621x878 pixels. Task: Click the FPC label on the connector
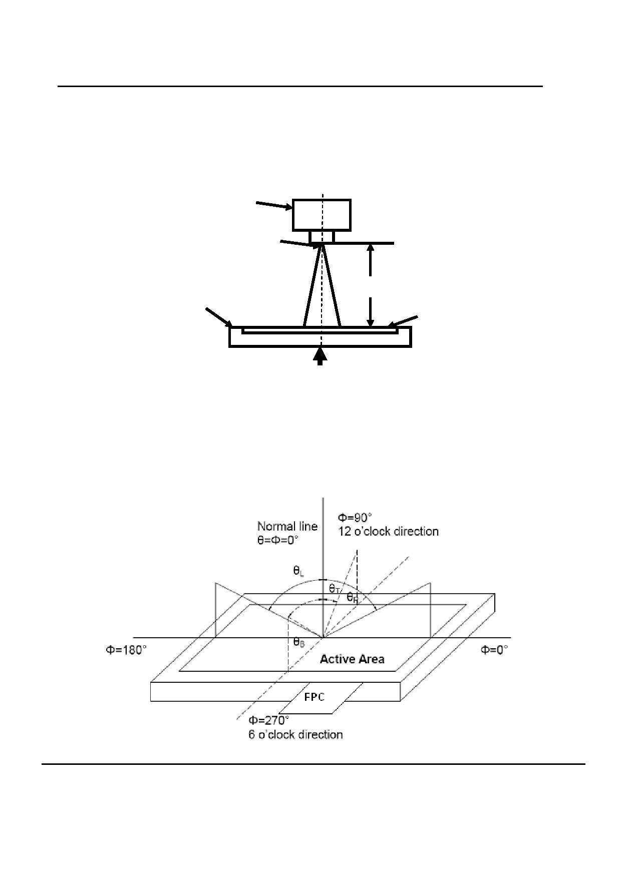pyautogui.click(x=314, y=696)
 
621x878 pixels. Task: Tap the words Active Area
pyautogui.click(x=352, y=659)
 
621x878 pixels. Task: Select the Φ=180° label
pyautogui.click(x=126, y=650)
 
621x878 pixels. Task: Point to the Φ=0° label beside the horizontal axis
pyautogui.click(x=494, y=650)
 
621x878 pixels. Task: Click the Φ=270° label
pyautogui.click(x=269, y=720)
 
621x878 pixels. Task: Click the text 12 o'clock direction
pyautogui.click(x=387, y=531)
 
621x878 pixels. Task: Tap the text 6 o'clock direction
pyautogui.click(x=295, y=734)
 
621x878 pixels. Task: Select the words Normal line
pyautogui.click(x=287, y=526)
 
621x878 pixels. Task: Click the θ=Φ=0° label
pyautogui.click(x=278, y=540)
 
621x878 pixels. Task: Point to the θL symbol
pyautogui.click(x=299, y=571)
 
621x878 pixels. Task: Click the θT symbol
pyautogui.click(x=335, y=589)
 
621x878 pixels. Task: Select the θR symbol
pyautogui.click(x=353, y=597)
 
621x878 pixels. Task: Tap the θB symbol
pyautogui.click(x=299, y=642)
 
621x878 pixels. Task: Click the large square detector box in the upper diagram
pyautogui.click(x=322, y=215)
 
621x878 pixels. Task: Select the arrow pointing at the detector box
pyautogui.click(x=274, y=205)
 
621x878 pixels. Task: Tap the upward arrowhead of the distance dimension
pyautogui.click(x=370, y=249)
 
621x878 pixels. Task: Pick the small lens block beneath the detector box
pyautogui.click(x=322, y=236)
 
